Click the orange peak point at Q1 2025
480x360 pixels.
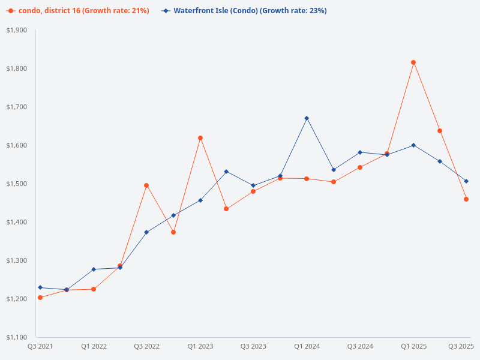[x=413, y=62]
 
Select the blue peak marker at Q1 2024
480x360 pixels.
[x=307, y=118]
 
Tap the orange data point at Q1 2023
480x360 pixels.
[x=200, y=138]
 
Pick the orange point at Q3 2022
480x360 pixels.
[x=146, y=185]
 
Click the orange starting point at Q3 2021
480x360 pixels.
[x=40, y=298]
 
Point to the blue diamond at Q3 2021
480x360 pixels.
[x=40, y=287]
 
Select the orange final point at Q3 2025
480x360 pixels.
[x=466, y=199]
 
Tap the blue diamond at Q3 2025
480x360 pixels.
[x=466, y=181]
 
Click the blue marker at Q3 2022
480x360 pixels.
[x=146, y=232]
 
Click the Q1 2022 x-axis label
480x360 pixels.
[x=94, y=346]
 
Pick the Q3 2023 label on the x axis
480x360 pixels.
[x=253, y=346]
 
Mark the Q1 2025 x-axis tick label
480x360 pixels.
[x=413, y=346]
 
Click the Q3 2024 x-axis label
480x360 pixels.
[x=360, y=346]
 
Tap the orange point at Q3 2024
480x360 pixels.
[x=360, y=167]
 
